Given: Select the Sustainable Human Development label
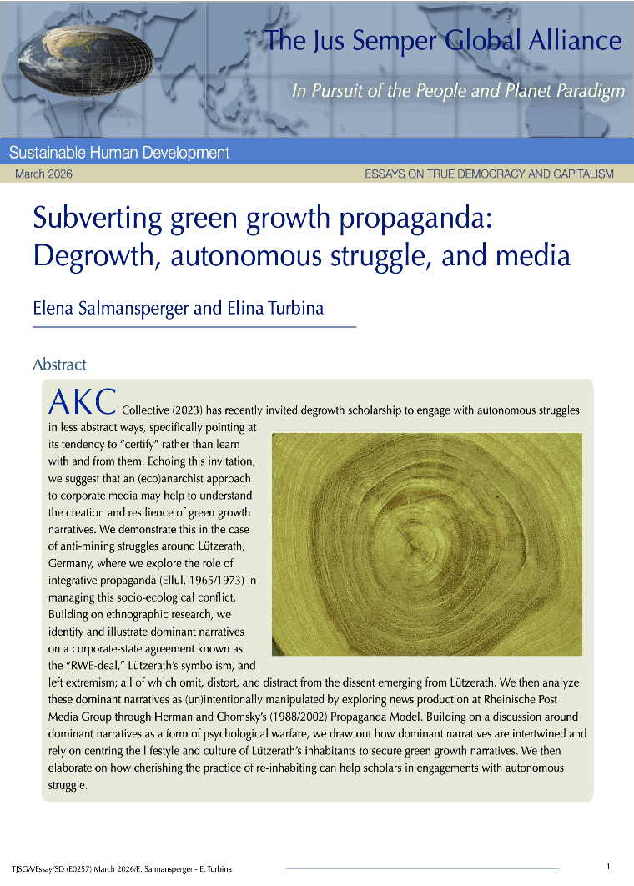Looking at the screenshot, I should pos(118,153).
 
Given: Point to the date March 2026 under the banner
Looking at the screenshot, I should pos(43,174).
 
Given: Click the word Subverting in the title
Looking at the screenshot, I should pos(85,218).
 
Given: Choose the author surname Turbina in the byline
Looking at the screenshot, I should pos(293,309).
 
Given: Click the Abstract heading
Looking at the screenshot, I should pos(59,365).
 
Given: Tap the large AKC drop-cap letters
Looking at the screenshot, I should pos(82,402).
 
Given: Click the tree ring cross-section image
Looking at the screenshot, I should pos(426,544).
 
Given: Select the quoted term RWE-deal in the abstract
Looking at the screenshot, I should pos(91,665).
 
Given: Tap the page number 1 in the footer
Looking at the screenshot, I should pos(608,867).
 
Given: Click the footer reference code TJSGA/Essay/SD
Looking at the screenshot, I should pos(38,868).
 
